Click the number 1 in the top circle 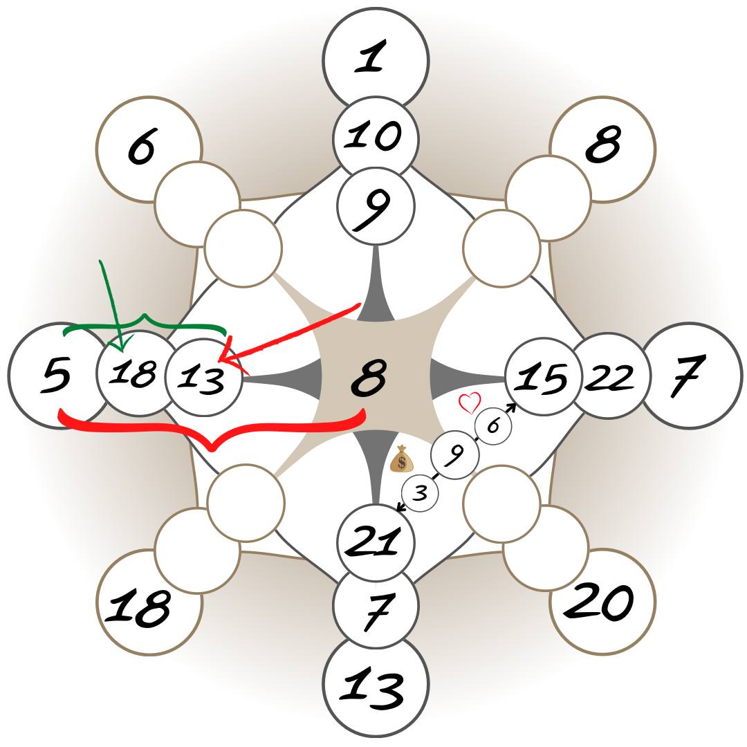click(371, 57)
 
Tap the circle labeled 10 click(376, 136)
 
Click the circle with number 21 click(376, 542)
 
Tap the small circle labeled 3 click(421, 493)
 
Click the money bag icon click(401, 459)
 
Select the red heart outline click(470, 403)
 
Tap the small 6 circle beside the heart click(492, 426)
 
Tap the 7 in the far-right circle click(689, 377)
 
